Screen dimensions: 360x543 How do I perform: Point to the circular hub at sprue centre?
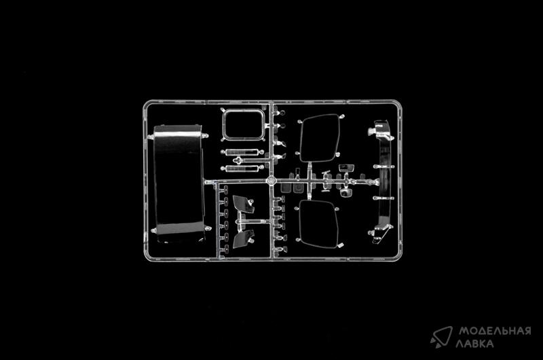coord(270,181)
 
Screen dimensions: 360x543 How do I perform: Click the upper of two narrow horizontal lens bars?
coord(243,151)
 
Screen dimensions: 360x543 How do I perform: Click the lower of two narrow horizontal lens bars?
coord(243,166)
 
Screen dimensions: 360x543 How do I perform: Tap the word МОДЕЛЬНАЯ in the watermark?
coord(494,331)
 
